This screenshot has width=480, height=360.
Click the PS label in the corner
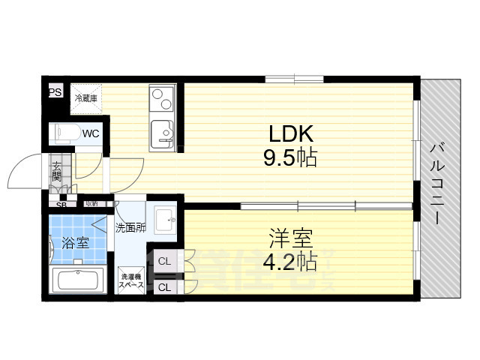54,93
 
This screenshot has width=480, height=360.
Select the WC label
91,133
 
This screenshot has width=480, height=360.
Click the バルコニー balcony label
434,184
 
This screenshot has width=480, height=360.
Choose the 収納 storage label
91,203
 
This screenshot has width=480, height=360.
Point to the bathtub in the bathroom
78,283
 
